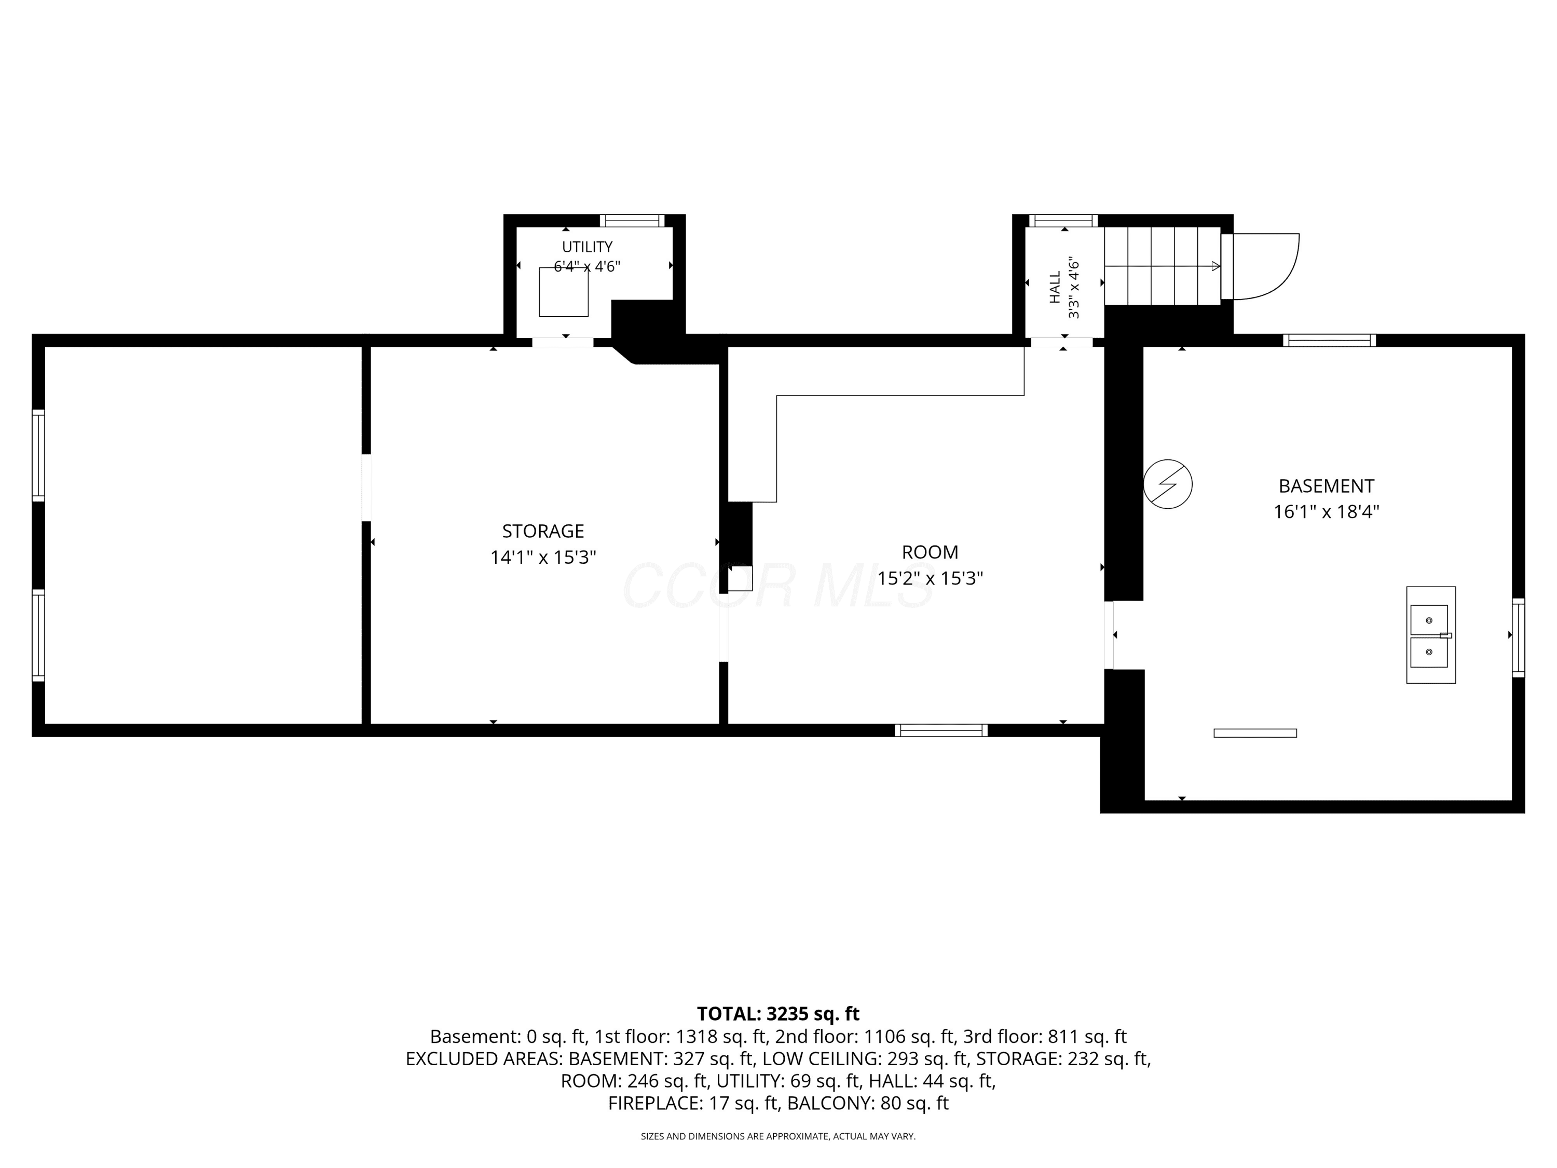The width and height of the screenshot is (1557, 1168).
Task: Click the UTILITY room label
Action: (x=586, y=247)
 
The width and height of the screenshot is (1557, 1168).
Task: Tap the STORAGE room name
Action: (x=543, y=531)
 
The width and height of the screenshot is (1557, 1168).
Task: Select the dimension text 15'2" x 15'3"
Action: (x=930, y=578)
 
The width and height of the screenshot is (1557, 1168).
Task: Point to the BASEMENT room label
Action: (x=1326, y=486)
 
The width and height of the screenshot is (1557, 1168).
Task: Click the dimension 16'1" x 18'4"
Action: (x=1326, y=512)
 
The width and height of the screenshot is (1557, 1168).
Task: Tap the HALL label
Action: (x=1055, y=287)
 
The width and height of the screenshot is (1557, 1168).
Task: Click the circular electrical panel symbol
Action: (x=1168, y=484)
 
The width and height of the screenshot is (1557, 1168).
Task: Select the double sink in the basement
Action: (x=1431, y=635)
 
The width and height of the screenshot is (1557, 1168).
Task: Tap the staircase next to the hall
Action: (x=1162, y=266)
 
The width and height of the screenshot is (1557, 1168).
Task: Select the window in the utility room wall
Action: (x=632, y=221)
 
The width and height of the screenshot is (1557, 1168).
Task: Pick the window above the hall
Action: (x=1063, y=221)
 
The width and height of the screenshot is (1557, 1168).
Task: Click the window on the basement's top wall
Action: (x=1329, y=340)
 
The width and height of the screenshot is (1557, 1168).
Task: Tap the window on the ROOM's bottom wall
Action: (x=941, y=730)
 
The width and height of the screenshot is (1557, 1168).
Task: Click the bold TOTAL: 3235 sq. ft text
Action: (x=778, y=1014)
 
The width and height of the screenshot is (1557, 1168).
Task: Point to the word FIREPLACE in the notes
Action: (x=654, y=1103)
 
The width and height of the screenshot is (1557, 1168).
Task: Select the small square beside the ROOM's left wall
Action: (x=740, y=578)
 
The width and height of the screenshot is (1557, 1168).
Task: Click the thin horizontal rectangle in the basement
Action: (x=1255, y=733)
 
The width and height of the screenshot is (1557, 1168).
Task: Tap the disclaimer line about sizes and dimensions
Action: (x=778, y=1136)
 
